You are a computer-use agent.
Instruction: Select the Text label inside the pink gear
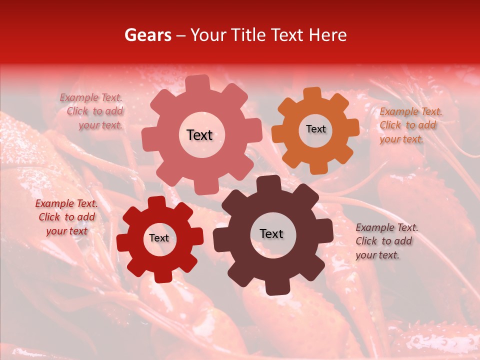(x=199, y=135)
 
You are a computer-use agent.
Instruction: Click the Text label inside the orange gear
(x=315, y=129)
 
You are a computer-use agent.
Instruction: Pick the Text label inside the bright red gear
(x=159, y=238)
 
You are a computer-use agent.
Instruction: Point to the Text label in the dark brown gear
(x=271, y=234)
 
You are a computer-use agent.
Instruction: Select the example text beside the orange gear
(x=410, y=125)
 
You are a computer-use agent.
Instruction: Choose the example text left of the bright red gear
(x=66, y=217)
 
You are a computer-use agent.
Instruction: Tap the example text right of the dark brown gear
(x=386, y=241)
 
